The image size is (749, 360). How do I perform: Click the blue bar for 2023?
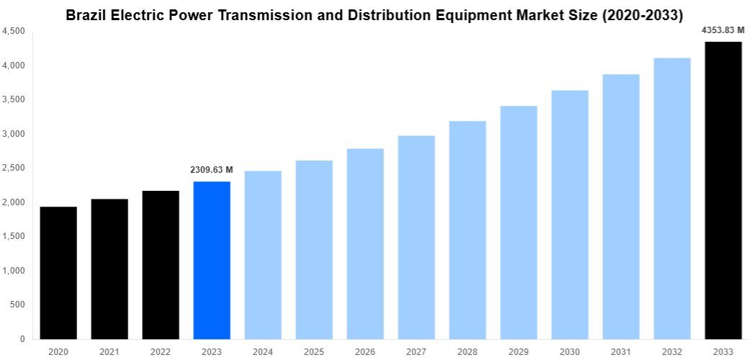212,260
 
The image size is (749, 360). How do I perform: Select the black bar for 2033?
723,190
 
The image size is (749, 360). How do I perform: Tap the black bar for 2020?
58,273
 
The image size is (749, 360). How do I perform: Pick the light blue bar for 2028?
467,230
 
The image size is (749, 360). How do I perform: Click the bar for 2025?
314,250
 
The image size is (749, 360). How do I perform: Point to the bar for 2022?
161,265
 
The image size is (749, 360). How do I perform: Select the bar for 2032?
672,198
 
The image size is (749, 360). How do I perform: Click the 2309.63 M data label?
212,170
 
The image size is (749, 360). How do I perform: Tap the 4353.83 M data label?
723,30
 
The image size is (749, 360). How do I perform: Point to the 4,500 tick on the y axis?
14,32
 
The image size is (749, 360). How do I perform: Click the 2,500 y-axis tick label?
14,168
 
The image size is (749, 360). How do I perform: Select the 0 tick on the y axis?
22,339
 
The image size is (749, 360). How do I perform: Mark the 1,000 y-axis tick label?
14,271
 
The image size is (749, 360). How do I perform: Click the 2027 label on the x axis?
416,351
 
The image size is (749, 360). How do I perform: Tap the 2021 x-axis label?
109,351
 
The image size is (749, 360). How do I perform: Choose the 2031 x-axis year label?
621,351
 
